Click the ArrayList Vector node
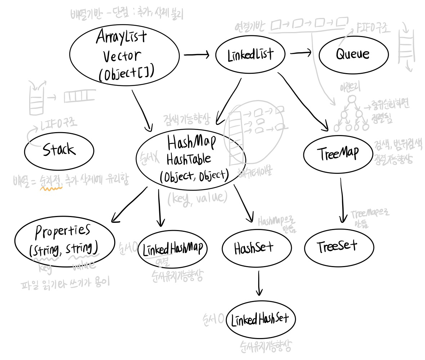(x=124, y=56)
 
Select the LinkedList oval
(x=250, y=55)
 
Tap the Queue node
(x=353, y=55)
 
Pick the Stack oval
(x=59, y=150)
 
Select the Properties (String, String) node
(x=65, y=241)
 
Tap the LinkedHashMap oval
(x=173, y=248)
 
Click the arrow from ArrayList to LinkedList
(x=196, y=55)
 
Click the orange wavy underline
(x=52, y=187)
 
